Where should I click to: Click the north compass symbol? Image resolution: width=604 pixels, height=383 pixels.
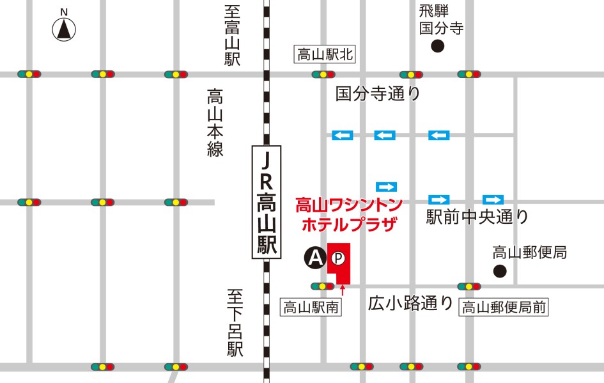coord(64,29)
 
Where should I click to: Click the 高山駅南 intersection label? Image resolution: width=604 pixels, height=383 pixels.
coord(311,307)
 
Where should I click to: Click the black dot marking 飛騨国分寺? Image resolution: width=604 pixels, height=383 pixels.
coord(438,45)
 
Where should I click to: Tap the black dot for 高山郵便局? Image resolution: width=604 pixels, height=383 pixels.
coord(500,271)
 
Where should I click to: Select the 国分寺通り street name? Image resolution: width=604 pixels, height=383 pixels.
coord(378,94)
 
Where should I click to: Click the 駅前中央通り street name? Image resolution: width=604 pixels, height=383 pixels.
coord(477,217)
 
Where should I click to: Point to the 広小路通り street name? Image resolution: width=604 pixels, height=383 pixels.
coord(410,303)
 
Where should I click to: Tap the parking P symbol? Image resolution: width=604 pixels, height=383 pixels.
coord(339,258)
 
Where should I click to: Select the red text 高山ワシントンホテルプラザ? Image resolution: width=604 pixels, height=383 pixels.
coord(348,215)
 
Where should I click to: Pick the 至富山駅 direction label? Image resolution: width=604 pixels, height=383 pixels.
coord(231,36)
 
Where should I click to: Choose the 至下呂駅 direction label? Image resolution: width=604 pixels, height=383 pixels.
coord(235,323)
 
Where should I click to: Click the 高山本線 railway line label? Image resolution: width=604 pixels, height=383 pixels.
coord(214,123)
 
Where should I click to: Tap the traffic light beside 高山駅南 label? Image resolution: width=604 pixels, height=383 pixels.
coord(322,286)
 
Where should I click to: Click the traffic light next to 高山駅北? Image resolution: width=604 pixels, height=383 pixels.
coord(323,74)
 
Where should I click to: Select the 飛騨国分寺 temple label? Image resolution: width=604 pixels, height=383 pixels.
coord(440,19)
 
